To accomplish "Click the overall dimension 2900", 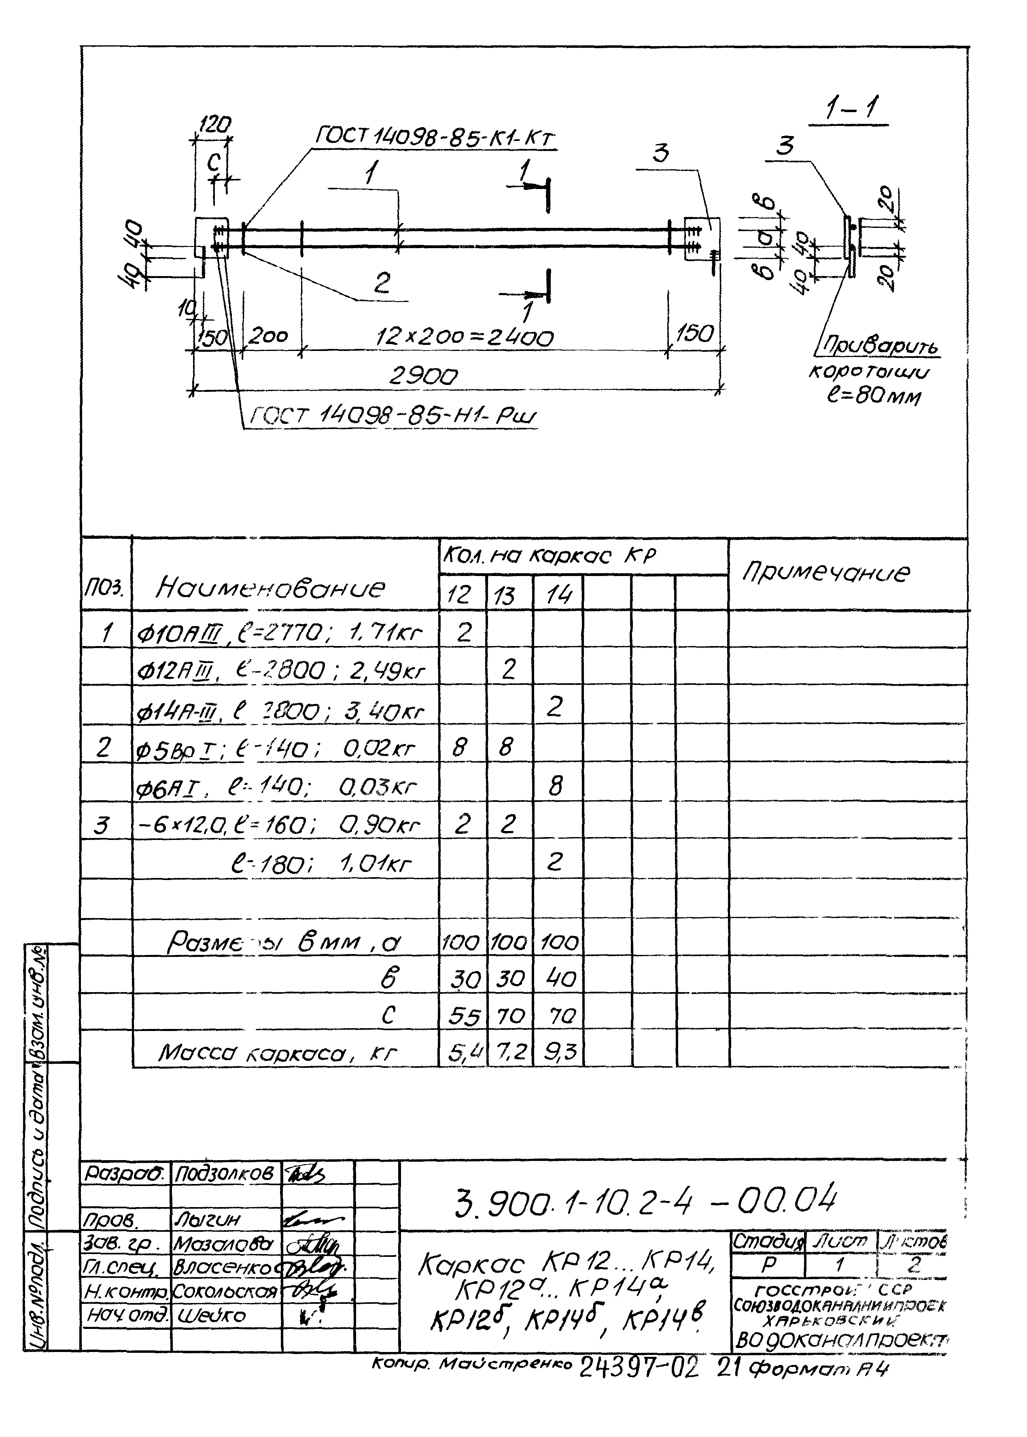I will [423, 377].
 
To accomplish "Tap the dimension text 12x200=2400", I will [464, 338].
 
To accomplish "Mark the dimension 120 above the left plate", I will [214, 125].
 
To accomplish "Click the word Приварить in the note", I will [880, 346].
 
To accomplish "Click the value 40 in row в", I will [557, 979].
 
